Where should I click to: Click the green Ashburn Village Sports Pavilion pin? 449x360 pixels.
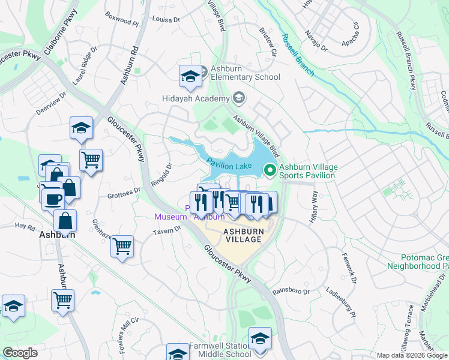270,171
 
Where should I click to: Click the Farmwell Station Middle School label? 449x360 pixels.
219,350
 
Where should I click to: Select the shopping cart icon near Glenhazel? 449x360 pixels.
122,246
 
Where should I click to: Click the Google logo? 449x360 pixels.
20,353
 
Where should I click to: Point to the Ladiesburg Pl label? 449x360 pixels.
341,304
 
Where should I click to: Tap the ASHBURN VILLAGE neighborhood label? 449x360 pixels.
243,235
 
